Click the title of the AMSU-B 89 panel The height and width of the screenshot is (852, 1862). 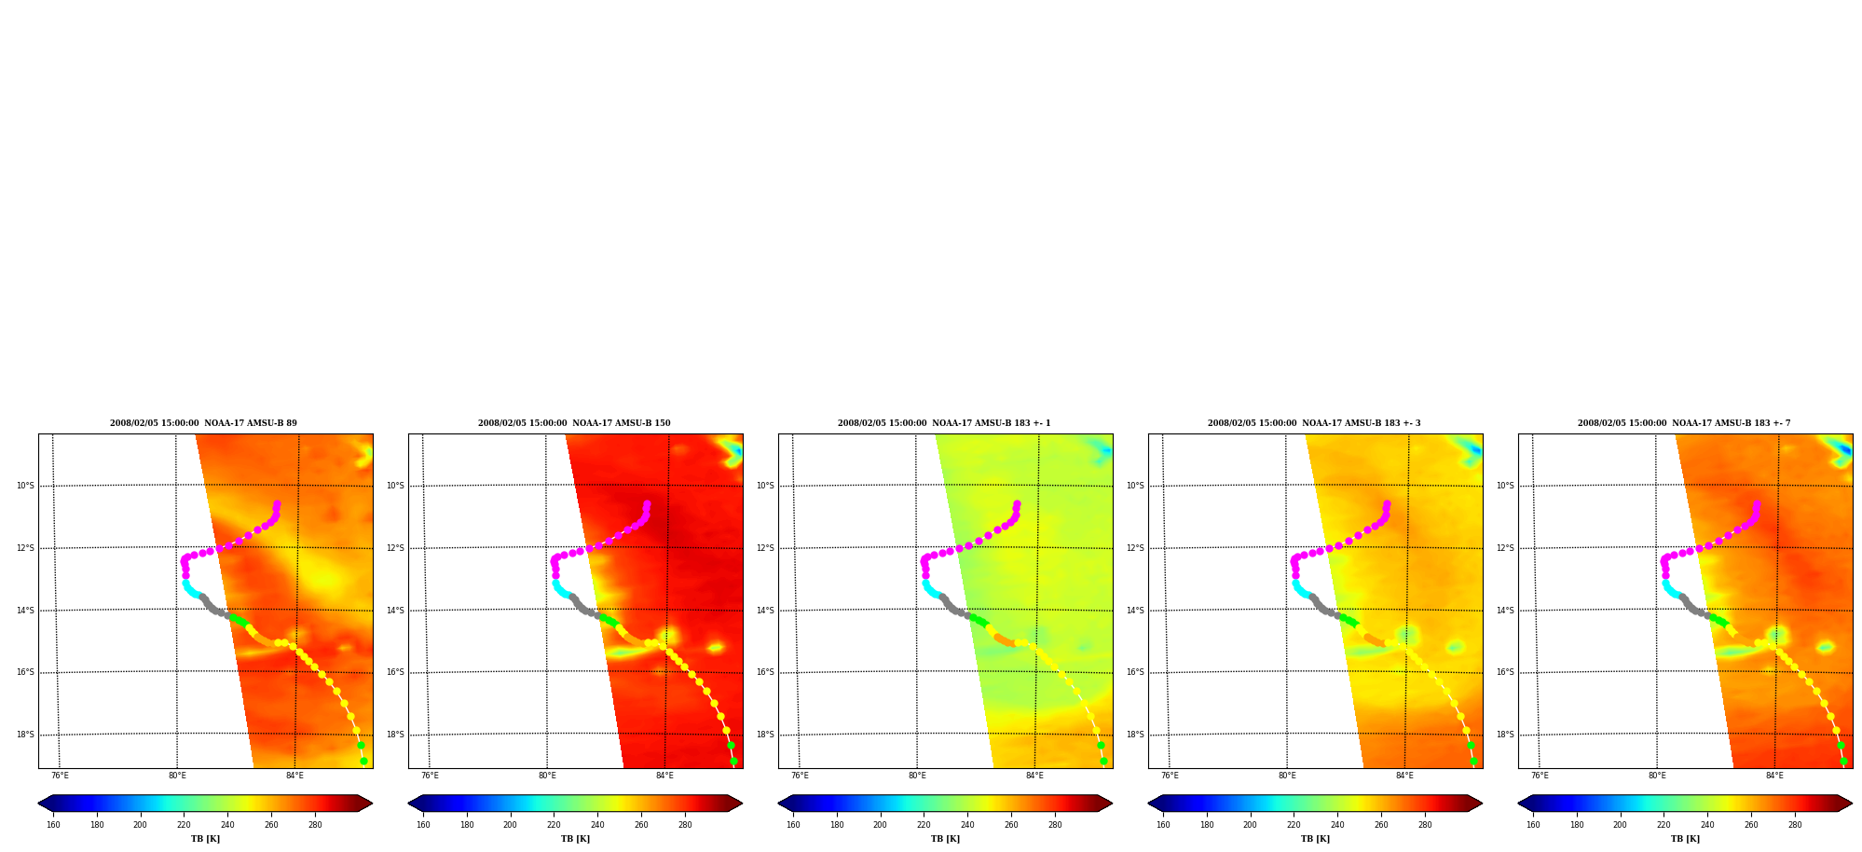(x=203, y=423)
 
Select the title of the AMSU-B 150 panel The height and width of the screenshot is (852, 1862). (x=574, y=423)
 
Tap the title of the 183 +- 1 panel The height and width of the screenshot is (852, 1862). (x=944, y=423)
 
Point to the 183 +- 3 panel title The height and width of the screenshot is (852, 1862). (x=1314, y=423)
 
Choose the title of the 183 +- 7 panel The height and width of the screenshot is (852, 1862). (x=1684, y=423)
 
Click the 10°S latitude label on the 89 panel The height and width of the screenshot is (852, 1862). (x=25, y=486)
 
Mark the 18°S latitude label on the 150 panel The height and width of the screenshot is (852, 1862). (x=395, y=735)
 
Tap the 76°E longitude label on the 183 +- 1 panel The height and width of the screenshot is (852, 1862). (x=800, y=776)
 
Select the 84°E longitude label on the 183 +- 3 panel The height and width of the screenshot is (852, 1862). (x=1404, y=776)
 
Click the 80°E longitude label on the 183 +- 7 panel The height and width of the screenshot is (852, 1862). (x=1657, y=776)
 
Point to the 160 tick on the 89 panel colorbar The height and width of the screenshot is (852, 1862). (x=53, y=825)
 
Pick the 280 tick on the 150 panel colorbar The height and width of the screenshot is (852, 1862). (x=685, y=825)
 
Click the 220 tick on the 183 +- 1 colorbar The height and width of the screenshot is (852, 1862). (x=924, y=825)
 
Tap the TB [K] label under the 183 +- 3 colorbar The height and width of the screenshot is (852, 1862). (x=1315, y=839)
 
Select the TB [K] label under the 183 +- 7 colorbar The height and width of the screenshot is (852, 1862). (x=1685, y=839)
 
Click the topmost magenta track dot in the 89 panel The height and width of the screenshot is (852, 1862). (x=277, y=504)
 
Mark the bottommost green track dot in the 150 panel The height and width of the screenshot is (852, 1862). (x=733, y=762)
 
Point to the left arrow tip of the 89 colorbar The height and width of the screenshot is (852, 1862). (x=38, y=804)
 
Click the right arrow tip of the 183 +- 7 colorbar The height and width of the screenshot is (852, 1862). (x=1852, y=804)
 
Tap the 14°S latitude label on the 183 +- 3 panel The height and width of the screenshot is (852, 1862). (x=1135, y=611)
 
